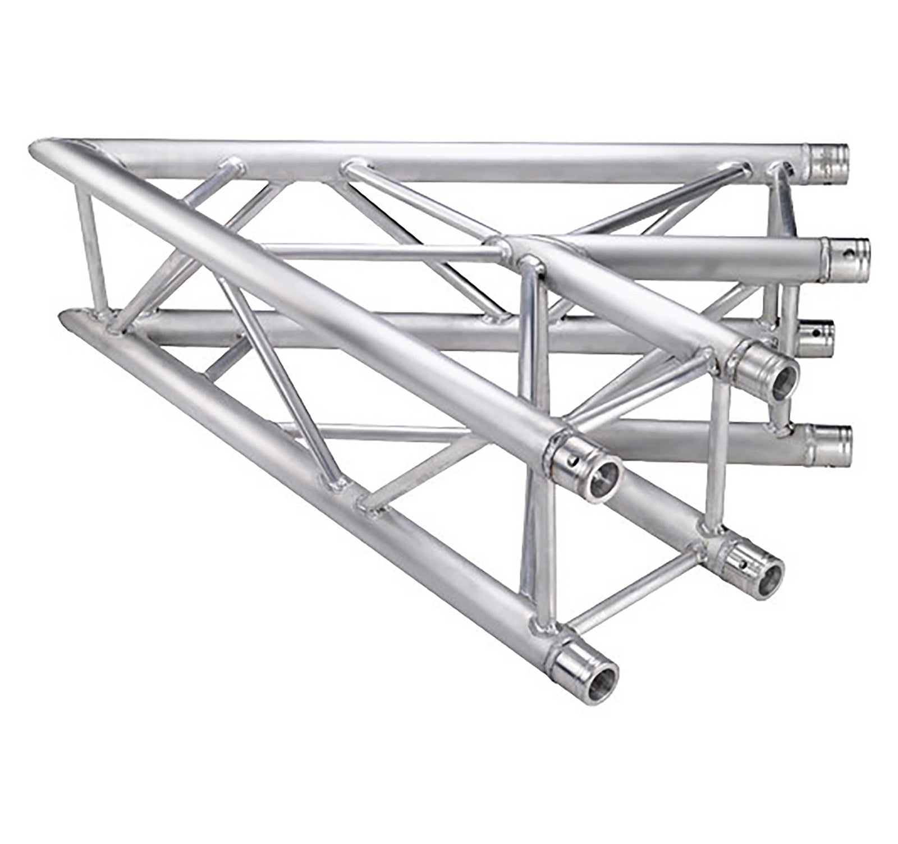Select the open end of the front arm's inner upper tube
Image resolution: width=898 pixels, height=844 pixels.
pyautogui.click(x=778, y=379)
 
